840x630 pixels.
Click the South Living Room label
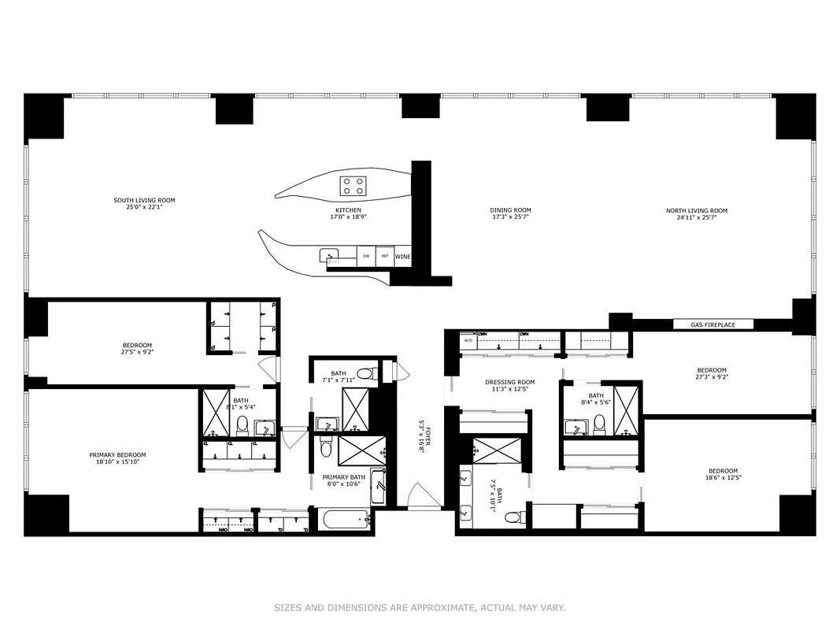(144, 201)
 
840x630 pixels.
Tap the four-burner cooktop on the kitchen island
(352, 186)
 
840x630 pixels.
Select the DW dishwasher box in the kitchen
(365, 256)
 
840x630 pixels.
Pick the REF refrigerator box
(385, 256)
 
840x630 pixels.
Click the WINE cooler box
(402, 256)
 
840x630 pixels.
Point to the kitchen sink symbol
(330, 254)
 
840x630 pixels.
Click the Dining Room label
(511, 210)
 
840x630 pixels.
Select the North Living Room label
(696, 210)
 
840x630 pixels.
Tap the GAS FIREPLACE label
(713, 324)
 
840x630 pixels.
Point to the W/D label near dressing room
(468, 341)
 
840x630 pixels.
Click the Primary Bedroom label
(117, 454)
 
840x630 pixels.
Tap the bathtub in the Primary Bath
(343, 519)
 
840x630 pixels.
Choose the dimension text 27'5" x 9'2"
(137, 353)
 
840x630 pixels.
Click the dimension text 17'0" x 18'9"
(348, 218)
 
